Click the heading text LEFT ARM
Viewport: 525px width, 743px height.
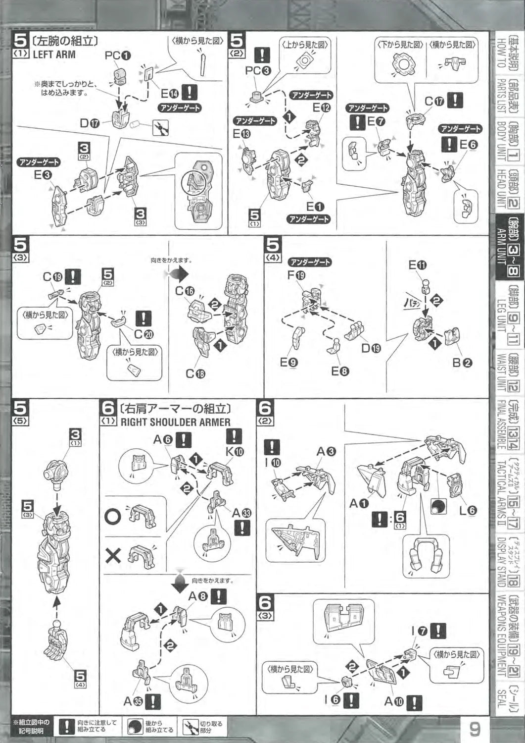[x=54, y=54]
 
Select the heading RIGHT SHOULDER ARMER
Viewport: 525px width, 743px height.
[x=175, y=422]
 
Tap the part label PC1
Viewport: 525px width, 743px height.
[x=118, y=56]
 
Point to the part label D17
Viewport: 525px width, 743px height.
[x=91, y=122]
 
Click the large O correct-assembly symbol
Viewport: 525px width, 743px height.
[x=113, y=516]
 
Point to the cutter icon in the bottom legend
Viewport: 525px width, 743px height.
[x=190, y=727]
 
